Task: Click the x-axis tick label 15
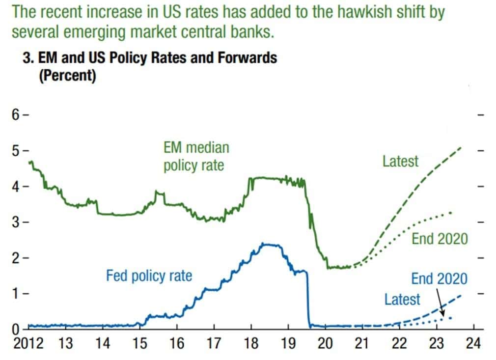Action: (140, 343)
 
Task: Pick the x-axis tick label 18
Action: (251, 343)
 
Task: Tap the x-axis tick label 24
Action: (473, 343)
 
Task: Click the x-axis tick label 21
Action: (362, 343)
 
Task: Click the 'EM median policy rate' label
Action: (196, 156)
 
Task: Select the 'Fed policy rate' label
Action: (149, 276)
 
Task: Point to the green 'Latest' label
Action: (401, 161)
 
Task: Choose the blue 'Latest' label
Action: (402, 299)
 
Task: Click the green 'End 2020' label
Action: (440, 239)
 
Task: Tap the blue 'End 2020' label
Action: (440, 279)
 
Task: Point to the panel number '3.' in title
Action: (28, 58)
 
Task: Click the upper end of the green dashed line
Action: (461, 147)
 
